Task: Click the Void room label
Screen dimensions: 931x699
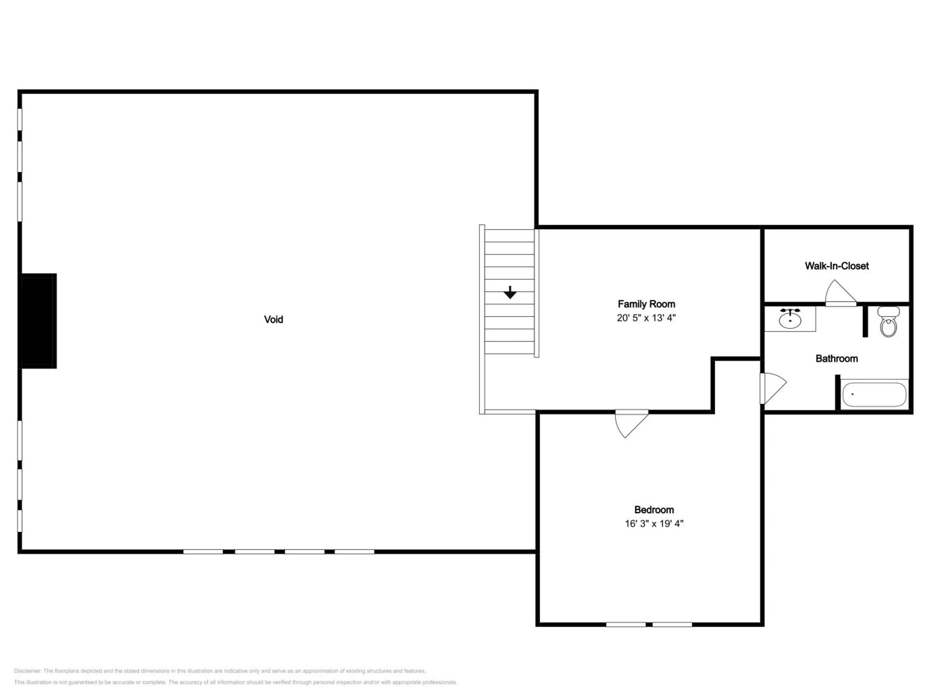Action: [274, 319]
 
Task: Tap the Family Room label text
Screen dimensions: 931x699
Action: [646, 304]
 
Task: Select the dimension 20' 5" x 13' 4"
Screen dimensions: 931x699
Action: [646, 318]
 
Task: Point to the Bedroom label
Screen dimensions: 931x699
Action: [654, 510]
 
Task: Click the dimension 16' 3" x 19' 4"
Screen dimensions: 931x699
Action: [654, 523]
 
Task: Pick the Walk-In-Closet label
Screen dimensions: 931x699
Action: [837, 266]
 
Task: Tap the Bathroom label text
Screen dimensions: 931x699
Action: [837, 359]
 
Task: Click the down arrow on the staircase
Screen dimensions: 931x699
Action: [510, 292]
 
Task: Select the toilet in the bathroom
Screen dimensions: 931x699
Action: [888, 322]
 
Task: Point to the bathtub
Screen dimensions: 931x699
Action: [874, 394]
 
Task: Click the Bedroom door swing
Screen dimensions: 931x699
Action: [631, 423]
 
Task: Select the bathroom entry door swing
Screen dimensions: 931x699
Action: [773, 388]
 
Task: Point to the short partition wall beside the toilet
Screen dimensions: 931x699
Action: [865, 321]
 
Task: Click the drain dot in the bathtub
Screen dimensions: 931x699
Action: [852, 394]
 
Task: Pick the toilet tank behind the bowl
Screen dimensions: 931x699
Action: [888, 311]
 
